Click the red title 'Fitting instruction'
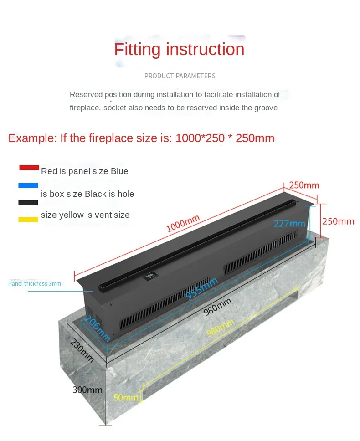[179, 49]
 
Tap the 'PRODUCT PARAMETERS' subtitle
[180, 76]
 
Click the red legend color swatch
[29, 167]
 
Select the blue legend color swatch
[29, 186]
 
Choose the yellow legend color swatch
[29, 219]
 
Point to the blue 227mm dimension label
[289, 223]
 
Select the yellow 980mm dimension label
[220, 328]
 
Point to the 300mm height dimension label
[87, 390]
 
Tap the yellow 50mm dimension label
[126, 397]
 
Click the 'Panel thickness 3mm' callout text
[35, 284]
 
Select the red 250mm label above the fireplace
[304, 185]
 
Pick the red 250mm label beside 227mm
[338, 221]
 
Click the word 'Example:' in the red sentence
[32, 138]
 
